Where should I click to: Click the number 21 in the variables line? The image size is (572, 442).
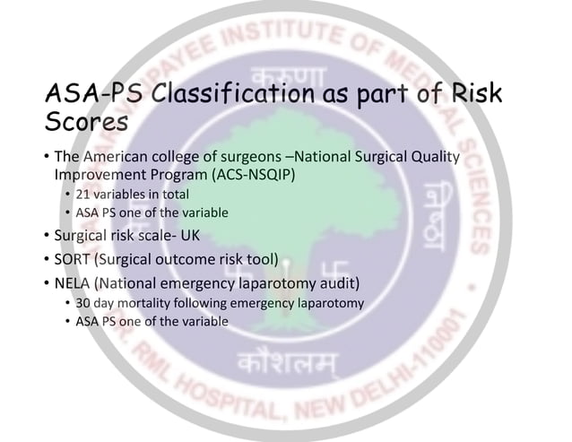tap(83, 194)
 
